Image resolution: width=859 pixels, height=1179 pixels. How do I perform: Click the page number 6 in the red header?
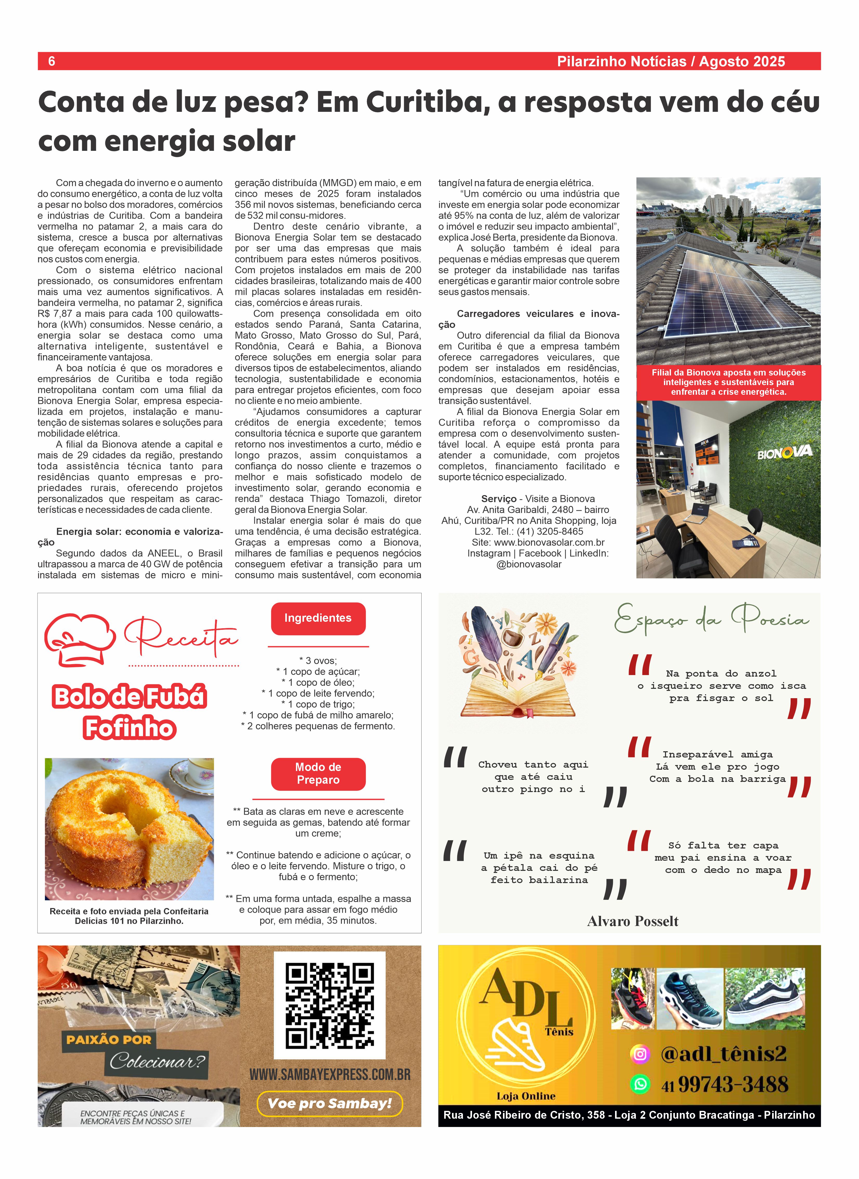coord(51,61)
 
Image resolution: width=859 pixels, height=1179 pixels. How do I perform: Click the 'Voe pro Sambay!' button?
coord(330,1103)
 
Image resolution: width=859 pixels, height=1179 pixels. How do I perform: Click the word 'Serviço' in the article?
coord(499,498)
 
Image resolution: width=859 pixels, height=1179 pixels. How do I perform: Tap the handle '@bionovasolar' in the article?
coord(529,564)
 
